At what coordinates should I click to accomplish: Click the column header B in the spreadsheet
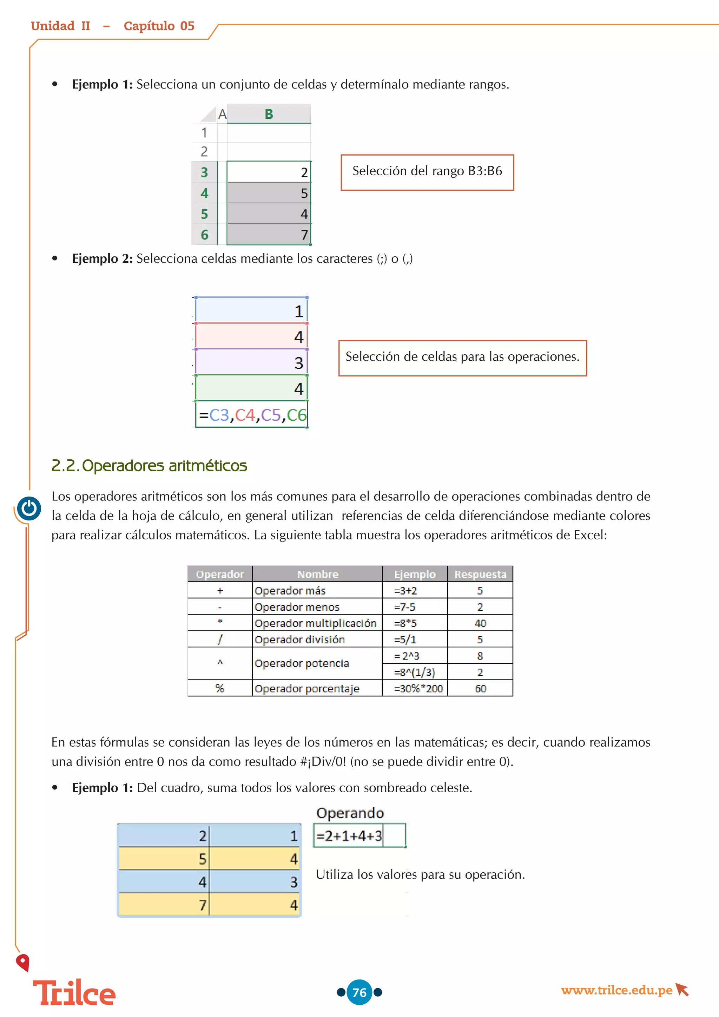point(269,114)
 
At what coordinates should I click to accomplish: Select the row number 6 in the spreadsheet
point(204,235)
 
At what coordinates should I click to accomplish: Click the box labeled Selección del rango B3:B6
point(427,172)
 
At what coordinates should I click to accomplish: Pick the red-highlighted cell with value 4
point(251,337)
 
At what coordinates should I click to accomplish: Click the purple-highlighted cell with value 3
point(251,362)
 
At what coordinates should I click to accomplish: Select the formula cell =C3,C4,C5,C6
point(251,415)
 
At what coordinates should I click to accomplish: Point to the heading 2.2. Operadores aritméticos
point(149,466)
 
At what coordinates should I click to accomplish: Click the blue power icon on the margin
point(29,508)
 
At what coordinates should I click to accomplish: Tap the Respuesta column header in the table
point(480,574)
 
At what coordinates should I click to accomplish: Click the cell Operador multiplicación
point(316,623)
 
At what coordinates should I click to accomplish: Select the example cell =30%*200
point(415,688)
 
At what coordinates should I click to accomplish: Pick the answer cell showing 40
point(480,623)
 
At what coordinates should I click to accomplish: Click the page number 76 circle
point(359,992)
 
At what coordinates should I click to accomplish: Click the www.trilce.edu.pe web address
point(617,990)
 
